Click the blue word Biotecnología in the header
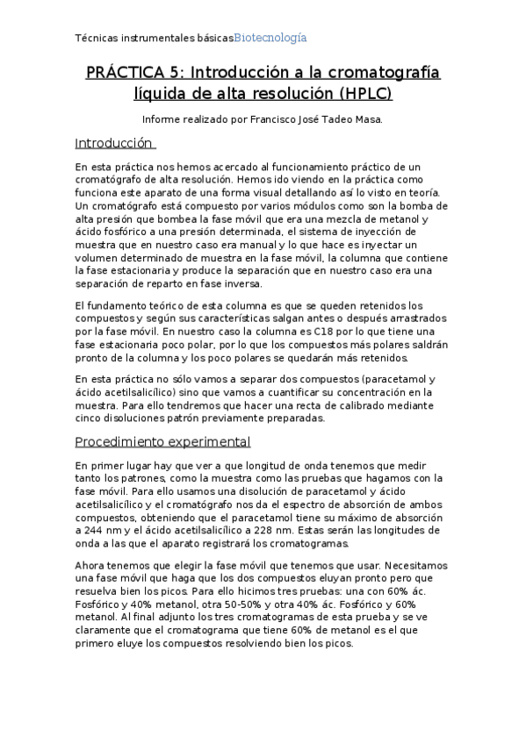point(270,38)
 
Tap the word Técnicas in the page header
point(97,39)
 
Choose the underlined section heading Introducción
point(113,143)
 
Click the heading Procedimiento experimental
point(162,441)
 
